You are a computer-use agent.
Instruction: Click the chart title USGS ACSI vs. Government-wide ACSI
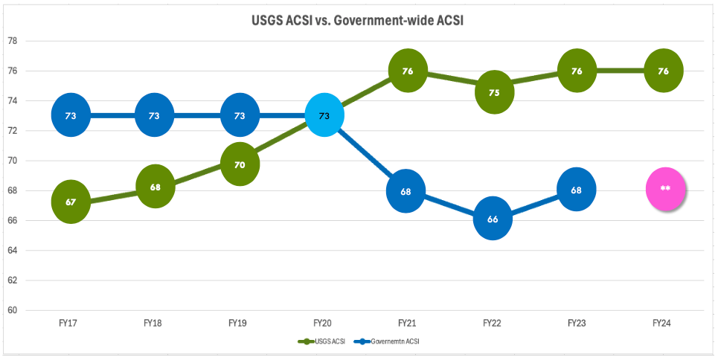coord(357,21)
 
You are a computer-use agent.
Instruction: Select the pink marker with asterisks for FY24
coord(665,189)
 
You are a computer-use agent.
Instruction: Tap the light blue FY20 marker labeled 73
coord(324,116)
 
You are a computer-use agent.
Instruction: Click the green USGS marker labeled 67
coord(70,202)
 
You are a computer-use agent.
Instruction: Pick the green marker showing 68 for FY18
coord(155,187)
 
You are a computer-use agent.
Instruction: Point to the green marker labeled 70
coord(240,164)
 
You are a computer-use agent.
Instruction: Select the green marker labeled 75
coord(493,92)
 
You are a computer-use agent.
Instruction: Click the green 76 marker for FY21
coord(408,71)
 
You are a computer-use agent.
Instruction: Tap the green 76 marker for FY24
coord(663,71)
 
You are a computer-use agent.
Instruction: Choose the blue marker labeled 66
coord(493,219)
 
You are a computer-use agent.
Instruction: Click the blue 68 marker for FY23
coord(577,189)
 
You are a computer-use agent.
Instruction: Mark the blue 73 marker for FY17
coord(70,115)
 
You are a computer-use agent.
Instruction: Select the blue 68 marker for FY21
coord(406,191)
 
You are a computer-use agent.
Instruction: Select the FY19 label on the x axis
coord(238,323)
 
